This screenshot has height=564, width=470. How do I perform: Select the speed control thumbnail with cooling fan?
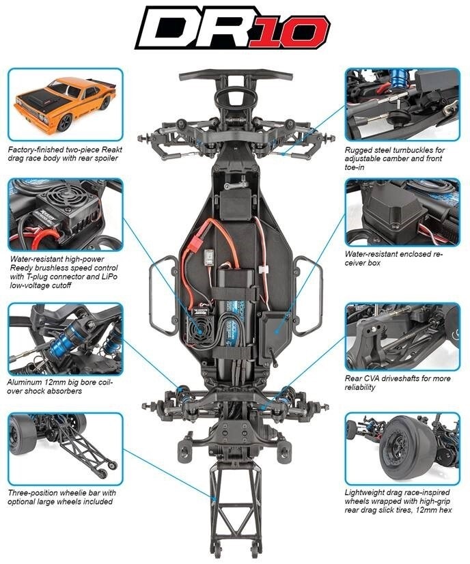(x=66, y=215)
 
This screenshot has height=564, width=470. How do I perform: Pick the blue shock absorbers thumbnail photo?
(x=66, y=339)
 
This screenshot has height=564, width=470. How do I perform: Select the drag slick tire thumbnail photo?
(x=402, y=447)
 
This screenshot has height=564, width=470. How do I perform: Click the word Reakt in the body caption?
(x=106, y=149)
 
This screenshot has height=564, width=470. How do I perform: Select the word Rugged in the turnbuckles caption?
(x=361, y=149)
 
